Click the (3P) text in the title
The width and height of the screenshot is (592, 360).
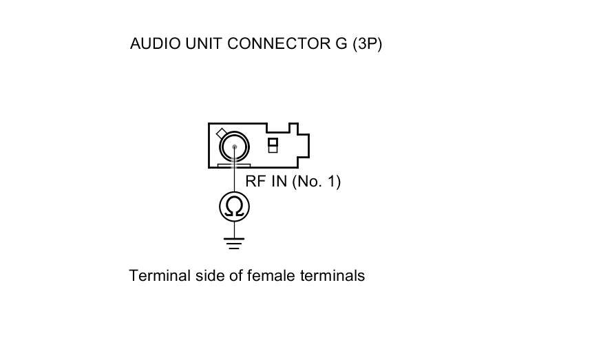pos(367,44)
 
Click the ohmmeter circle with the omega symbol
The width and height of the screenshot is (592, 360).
pos(234,207)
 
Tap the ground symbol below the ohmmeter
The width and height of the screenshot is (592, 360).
pos(234,242)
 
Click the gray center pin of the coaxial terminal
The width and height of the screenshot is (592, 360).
pos(235,146)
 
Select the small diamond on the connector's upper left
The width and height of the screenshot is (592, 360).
pos(221,133)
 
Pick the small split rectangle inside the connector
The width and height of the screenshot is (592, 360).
pos(273,145)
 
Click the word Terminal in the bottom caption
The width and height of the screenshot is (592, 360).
pos(154,276)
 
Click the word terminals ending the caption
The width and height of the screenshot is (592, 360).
pos(333,276)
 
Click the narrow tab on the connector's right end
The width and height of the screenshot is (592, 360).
pos(304,145)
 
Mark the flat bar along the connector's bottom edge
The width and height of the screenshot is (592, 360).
pos(233,165)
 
